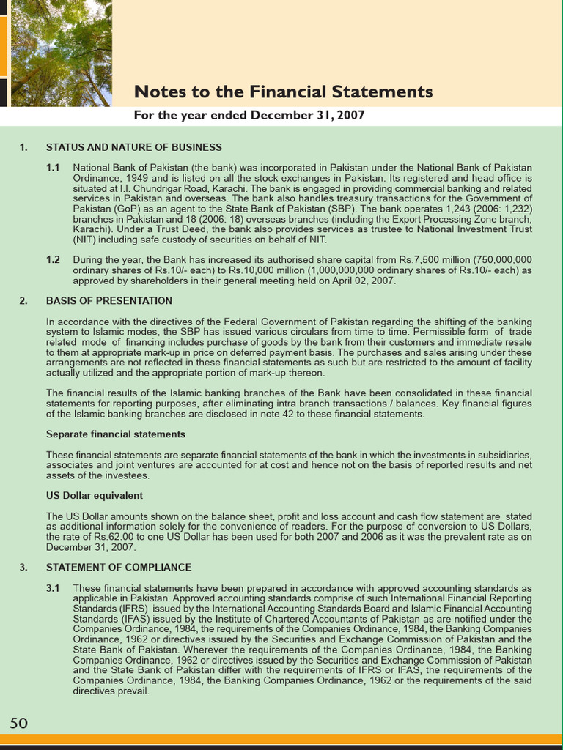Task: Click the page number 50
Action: [x=18, y=724]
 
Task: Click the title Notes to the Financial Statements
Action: [x=283, y=92]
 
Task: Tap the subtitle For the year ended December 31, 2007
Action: [x=249, y=116]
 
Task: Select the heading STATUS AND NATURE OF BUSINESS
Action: [x=134, y=147]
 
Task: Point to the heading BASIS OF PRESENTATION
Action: [x=109, y=301]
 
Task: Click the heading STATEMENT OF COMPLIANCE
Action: [x=119, y=568]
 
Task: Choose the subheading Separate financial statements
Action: [x=116, y=434]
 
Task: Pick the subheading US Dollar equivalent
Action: [x=95, y=496]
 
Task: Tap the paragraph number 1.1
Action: [x=53, y=168]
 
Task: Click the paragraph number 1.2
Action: [x=53, y=260]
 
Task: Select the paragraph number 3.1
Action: [x=53, y=588]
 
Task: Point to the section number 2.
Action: [x=23, y=301]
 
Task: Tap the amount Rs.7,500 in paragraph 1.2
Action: [x=408, y=260]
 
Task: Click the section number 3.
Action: [x=23, y=568]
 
